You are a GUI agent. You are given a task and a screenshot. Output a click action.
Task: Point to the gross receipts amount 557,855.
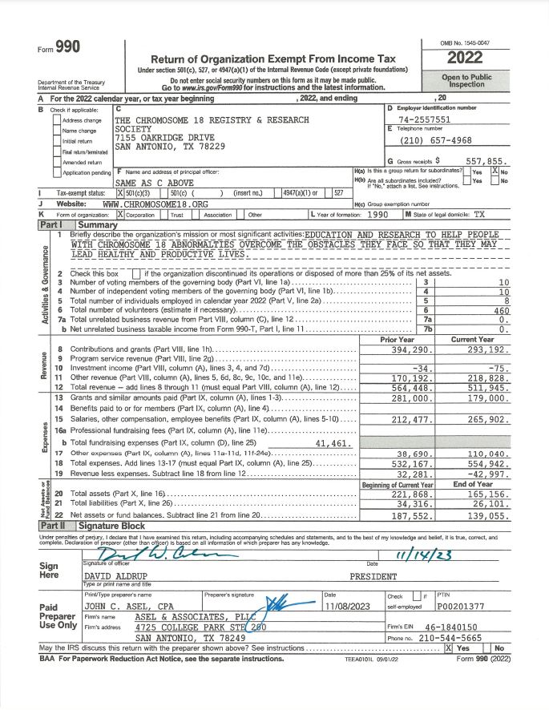(486, 161)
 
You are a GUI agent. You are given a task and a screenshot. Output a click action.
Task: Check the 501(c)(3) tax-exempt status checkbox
(120, 193)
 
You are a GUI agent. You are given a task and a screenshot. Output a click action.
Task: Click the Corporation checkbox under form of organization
(121, 215)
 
